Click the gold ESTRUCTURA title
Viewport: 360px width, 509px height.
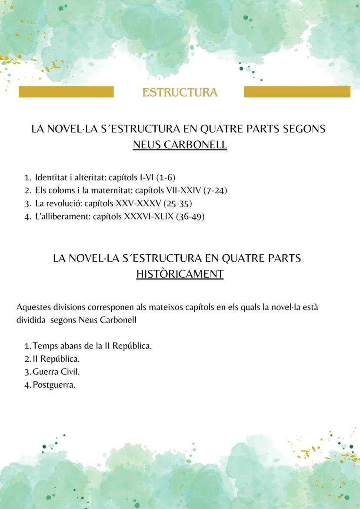tap(180, 92)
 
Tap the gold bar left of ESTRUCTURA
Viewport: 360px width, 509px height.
tap(66, 92)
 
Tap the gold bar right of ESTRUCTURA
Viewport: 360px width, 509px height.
tap(297, 92)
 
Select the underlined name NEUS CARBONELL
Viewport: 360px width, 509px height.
tap(180, 145)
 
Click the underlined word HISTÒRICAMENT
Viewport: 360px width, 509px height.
tap(180, 274)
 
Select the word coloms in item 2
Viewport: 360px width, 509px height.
tap(61, 190)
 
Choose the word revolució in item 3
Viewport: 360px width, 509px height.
tap(64, 203)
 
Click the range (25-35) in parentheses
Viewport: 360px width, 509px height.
tap(178, 203)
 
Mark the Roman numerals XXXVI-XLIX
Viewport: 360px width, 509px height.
tap(149, 216)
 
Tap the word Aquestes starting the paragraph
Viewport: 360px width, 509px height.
tap(33, 307)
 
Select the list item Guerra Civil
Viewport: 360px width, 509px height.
tap(56, 372)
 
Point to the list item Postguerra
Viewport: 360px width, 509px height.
tap(54, 385)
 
